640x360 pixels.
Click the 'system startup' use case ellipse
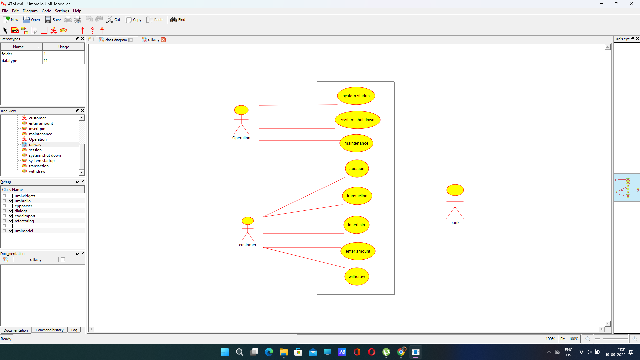coord(356,96)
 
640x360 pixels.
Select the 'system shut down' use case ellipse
coord(357,120)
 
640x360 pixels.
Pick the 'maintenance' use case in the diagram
coord(356,143)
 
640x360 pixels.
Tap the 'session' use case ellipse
coord(357,169)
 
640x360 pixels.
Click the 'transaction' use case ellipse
coord(357,196)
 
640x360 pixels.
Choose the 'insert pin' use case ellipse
coord(356,225)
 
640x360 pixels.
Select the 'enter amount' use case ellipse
coord(358,251)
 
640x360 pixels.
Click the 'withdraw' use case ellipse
coord(357,277)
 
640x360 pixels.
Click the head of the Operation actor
coord(241,110)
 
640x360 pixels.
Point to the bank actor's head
coord(455,190)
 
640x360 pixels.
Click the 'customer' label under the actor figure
coord(248,245)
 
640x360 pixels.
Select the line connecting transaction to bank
coord(403,196)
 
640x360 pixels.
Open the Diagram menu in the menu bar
coord(30,11)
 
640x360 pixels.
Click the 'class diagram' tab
coord(116,40)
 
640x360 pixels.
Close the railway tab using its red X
coord(163,40)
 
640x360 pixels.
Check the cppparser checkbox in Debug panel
coord(11,206)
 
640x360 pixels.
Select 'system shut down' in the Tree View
coord(45,155)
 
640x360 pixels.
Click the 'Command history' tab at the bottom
coord(49,330)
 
